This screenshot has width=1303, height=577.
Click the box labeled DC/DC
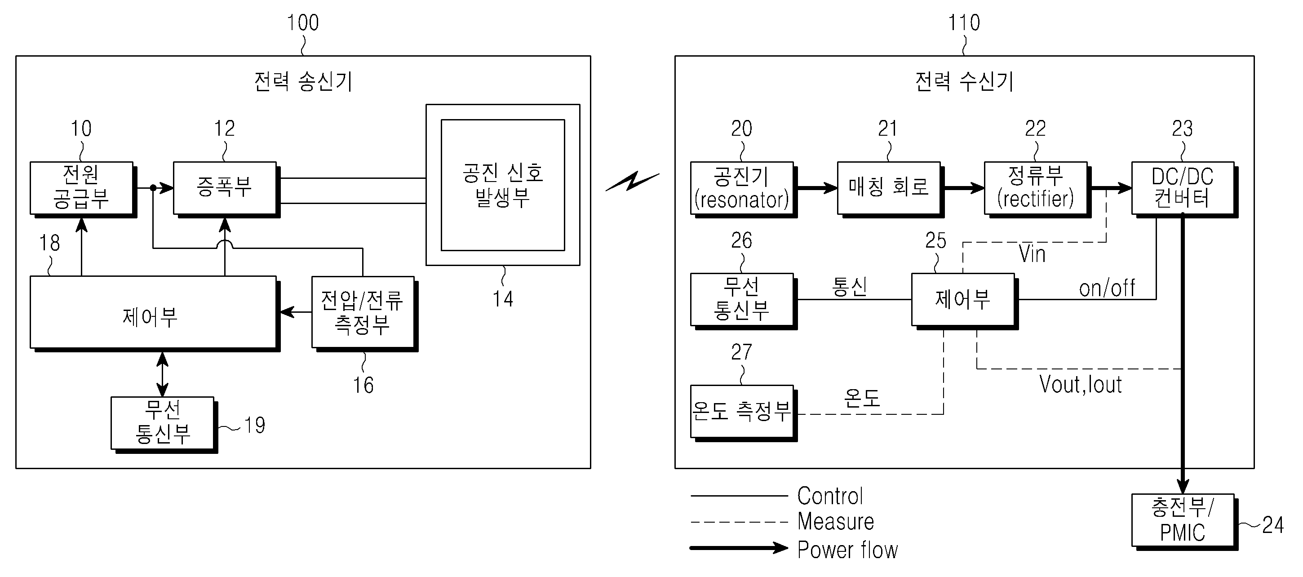point(1182,187)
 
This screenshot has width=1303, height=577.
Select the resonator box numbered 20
point(741,187)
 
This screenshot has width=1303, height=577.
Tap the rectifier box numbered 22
point(1035,187)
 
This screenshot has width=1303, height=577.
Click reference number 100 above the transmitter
point(302,23)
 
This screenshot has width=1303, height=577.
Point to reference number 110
point(964,23)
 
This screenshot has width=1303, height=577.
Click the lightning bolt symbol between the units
point(632,182)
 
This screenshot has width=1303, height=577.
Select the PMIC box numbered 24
point(1182,520)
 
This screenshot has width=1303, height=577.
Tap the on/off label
point(1107,288)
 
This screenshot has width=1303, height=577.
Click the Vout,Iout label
point(1081,385)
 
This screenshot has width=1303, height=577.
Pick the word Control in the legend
point(830,496)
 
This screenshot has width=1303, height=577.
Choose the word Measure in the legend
point(836,521)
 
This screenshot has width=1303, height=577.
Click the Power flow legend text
point(847,550)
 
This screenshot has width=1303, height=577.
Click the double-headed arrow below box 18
point(162,374)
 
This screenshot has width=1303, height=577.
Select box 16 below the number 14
point(363,312)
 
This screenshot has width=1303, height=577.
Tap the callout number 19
point(254,425)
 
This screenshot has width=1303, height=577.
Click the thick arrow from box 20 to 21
point(816,188)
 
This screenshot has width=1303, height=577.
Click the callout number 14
point(503,299)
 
